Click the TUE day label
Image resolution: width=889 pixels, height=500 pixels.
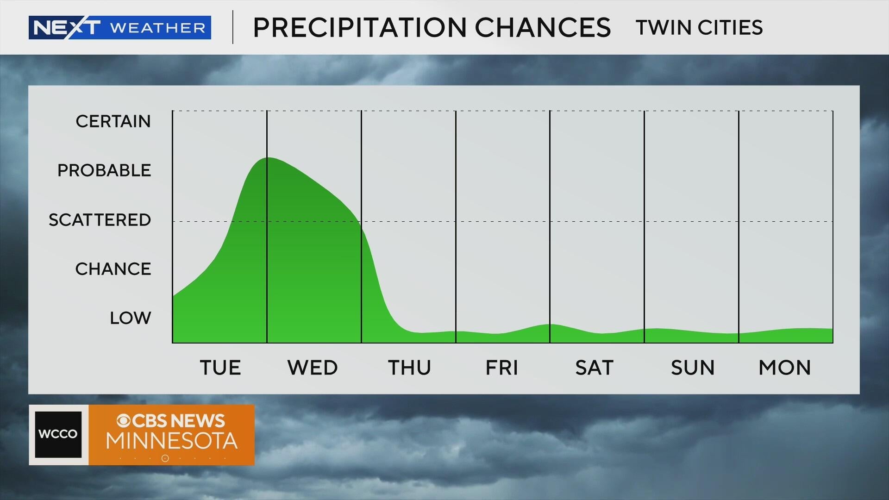(x=220, y=368)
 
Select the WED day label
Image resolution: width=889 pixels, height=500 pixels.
(x=313, y=368)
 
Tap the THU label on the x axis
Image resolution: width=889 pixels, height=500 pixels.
(x=409, y=368)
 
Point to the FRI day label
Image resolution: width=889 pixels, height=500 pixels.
(x=501, y=368)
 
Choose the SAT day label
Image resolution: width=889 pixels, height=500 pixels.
(x=595, y=368)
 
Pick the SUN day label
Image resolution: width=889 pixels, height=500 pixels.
(x=693, y=368)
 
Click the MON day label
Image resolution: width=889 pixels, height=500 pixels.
(x=785, y=368)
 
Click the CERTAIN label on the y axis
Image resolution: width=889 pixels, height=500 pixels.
(x=113, y=121)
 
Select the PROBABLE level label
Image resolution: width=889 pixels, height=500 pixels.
(x=104, y=170)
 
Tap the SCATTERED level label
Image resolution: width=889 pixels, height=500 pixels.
(x=100, y=220)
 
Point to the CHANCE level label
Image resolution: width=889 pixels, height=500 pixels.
(x=113, y=269)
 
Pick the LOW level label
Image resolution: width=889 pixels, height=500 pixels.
(x=131, y=318)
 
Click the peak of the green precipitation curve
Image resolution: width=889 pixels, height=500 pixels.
(x=268, y=158)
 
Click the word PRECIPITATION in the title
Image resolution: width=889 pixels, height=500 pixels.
(x=359, y=27)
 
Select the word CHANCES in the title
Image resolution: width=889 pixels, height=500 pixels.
(x=543, y=27)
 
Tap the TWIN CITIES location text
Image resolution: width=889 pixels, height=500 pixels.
(x=699, y=27)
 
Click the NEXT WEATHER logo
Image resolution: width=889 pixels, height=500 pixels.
(x=120, y=27)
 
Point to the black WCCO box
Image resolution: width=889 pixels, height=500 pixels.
(x=58, y=434)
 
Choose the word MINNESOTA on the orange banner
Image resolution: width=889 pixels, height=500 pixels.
(x=172, y=441)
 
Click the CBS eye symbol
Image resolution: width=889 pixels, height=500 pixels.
(x=123, y=421)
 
